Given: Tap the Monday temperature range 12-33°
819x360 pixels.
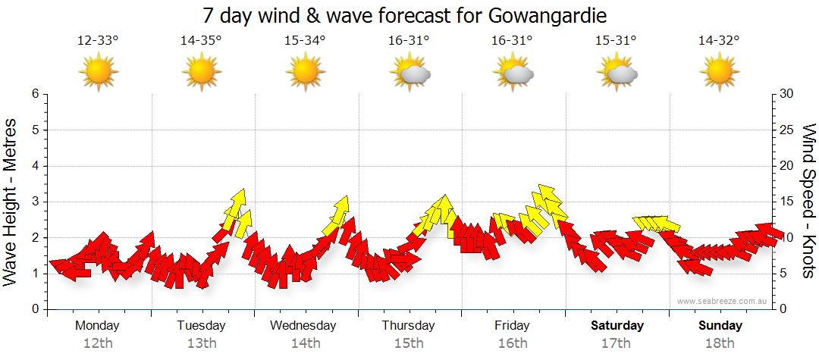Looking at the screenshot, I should (98, 41).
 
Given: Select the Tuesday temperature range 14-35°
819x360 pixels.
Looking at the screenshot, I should (201, 41).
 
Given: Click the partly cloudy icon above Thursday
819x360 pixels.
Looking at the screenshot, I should (409, 73).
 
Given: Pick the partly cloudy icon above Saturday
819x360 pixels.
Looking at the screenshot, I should (617, 73).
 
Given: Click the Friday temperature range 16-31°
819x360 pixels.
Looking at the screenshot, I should (512, 41).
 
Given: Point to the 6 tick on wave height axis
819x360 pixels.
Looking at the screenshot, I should (34, 94).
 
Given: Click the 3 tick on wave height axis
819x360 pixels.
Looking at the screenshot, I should (34, 202).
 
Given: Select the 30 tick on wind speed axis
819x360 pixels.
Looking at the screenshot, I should (787, 94).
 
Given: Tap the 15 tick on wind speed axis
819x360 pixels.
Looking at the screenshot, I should (787, 202).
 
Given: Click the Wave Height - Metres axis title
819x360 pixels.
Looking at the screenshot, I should (11, 202).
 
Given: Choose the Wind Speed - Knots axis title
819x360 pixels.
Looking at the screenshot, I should (808, 202).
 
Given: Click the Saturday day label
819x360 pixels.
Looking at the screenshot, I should (617, 326).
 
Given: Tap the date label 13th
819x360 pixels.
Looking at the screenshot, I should (202, 343).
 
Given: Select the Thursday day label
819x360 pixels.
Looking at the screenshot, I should (409, 326).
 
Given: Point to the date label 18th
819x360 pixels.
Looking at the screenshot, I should (720, 343).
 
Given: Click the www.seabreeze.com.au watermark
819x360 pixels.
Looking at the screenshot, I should (723, 301).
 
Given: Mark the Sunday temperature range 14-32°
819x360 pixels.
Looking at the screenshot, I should (719, 41).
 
